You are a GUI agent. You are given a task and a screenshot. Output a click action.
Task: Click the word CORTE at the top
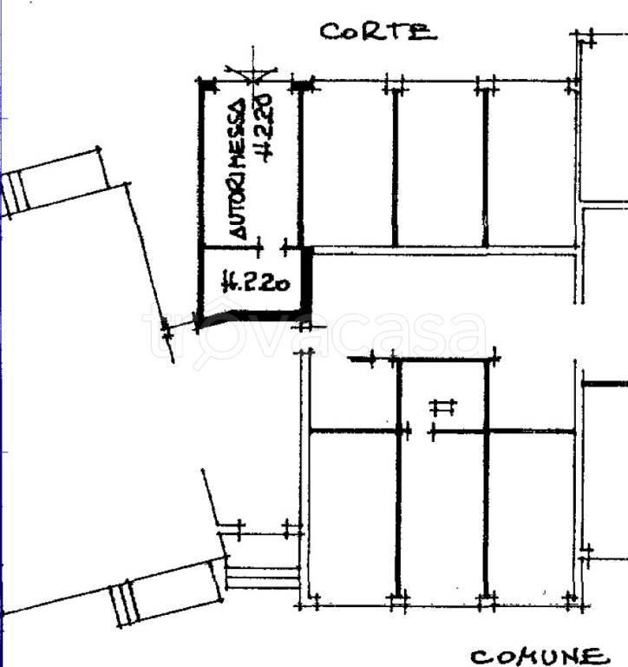378,31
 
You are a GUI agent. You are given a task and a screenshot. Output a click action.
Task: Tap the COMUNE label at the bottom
539,657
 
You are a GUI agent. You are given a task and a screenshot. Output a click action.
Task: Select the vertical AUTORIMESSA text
238,168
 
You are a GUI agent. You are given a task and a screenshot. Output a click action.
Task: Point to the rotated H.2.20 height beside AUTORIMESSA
263,128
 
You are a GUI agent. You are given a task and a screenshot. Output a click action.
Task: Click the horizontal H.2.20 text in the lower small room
256,281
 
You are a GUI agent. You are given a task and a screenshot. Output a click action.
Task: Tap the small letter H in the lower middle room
443,407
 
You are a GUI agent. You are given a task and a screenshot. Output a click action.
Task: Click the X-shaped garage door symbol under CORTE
252,74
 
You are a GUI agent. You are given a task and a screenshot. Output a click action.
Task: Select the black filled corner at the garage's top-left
208,86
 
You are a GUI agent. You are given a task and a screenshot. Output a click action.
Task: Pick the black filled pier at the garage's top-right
301,86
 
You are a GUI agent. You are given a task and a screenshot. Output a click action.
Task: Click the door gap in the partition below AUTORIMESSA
272,247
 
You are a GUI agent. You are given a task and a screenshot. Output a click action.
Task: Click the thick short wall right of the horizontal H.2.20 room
306,280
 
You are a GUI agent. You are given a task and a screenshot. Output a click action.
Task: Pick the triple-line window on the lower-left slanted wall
124,604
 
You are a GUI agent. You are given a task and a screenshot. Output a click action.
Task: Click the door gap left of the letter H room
421,433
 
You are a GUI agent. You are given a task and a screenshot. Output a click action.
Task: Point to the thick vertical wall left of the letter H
398,479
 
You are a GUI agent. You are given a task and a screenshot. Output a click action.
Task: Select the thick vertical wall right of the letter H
487,479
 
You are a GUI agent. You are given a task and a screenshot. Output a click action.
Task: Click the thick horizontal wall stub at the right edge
605,384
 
